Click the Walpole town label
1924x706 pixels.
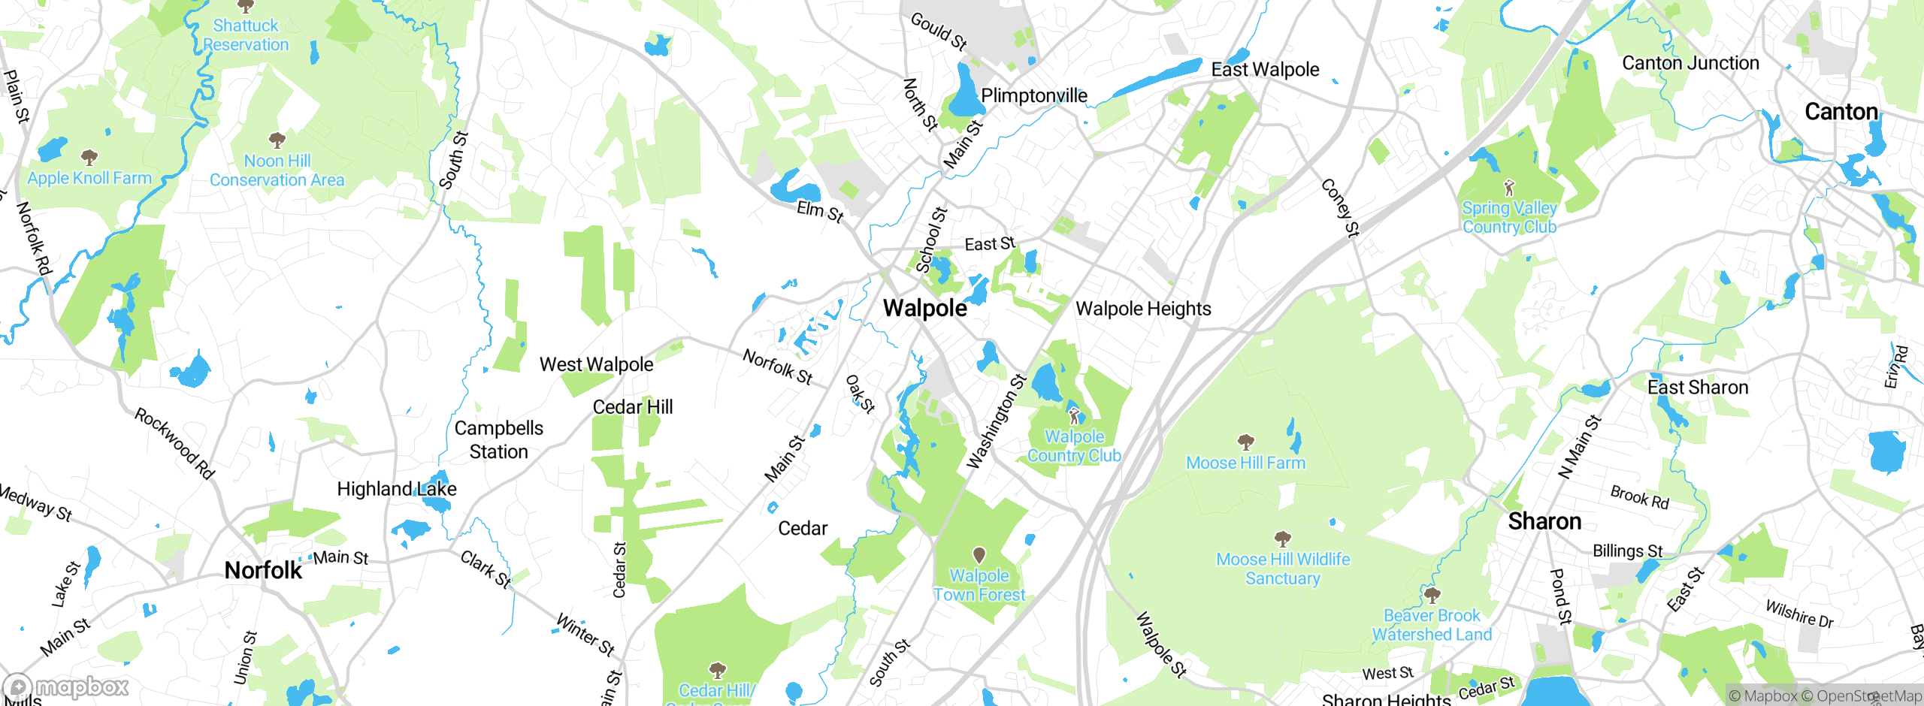pos(925,308)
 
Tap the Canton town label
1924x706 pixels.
pos(1841,112)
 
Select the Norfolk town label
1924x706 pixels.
pos(263,571)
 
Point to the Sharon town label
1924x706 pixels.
pos(1544,521)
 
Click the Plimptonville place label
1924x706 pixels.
pos(1034,95)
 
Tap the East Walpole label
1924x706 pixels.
pos(1265,70)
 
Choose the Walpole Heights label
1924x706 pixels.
pos(1143,309)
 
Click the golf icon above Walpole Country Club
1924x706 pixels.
pos(1074,415)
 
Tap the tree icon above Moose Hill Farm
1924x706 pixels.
pos(1245,442)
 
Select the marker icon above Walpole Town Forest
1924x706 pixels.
pos(979,555)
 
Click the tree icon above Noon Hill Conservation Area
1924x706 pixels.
pos(277,140)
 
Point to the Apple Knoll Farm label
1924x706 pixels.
pos(89,178)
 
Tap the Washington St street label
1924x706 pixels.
pos(996,421)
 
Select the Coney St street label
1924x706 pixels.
pos(1340,208)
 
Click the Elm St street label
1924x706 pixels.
pos(820,211)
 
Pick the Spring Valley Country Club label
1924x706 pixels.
pos(1509,217)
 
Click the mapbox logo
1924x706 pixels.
pos(66,686)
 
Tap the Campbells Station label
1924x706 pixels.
pos(499,439)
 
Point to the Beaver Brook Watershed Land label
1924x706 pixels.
pos(1432,625)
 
